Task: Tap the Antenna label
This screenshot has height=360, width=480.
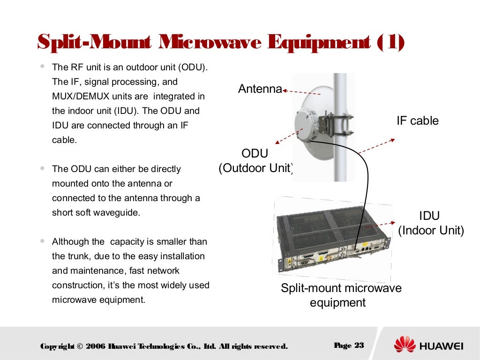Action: point(260,89)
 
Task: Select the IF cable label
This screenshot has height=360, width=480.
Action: point(418,120)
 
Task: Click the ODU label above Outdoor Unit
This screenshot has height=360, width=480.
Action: point(255,153)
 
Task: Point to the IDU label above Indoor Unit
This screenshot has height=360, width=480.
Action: point(429,216)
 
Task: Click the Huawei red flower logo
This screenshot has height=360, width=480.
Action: point(405,345)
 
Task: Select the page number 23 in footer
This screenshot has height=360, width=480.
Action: point(359,345)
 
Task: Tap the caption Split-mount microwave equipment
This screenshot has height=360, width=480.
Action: point(341,295)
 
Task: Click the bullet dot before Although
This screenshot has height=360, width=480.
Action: point(43,242)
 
